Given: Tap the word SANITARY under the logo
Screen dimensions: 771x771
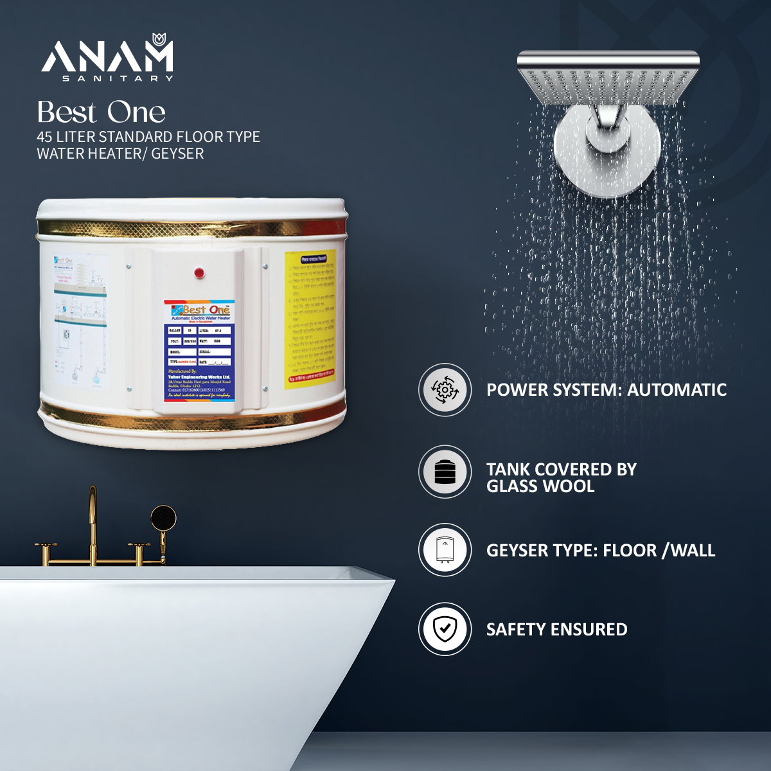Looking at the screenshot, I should (118, 78).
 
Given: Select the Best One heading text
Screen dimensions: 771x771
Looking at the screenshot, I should (102, 112).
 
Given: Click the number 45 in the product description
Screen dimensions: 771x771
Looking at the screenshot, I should (44, 137).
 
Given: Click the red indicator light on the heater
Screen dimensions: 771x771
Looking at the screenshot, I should (199, 273).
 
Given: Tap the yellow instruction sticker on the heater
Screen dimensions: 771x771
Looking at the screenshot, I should (310, 318).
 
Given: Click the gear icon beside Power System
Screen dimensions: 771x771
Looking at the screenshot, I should (445, 390).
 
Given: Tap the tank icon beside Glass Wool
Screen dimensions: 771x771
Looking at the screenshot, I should (445, 472).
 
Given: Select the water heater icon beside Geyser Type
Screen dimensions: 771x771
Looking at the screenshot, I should (445, 551).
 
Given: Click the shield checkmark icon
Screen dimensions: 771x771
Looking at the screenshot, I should (445, 629).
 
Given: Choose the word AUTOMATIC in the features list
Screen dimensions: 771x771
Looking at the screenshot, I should (677, 390).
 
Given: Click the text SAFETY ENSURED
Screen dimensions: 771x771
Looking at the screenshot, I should (556, 630).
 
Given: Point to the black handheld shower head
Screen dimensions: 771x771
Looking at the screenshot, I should (163, 518).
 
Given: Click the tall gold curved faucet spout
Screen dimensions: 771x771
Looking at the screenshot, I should (93, 514).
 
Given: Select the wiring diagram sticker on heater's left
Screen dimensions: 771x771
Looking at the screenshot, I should (80, 321).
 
